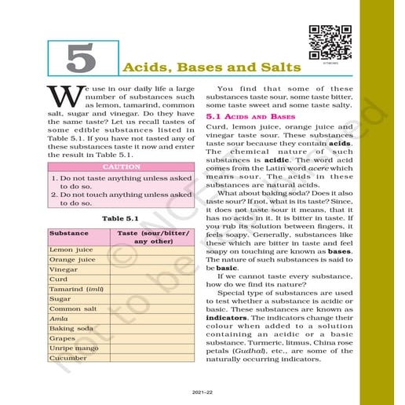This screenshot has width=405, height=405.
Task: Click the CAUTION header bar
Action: (121, 167)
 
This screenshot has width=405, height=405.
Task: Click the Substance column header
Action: (68, 234)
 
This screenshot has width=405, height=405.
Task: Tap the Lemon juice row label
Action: (71, 249)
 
